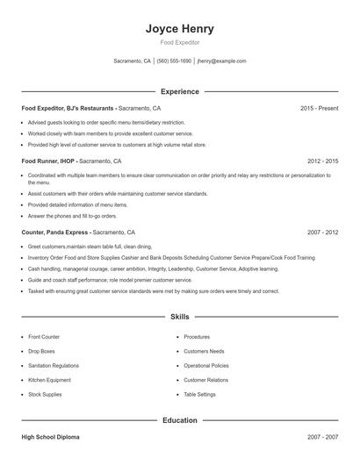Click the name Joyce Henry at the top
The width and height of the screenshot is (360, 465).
point(179,28)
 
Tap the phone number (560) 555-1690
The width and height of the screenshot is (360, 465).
point(174,61)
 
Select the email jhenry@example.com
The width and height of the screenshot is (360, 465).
point(221,61)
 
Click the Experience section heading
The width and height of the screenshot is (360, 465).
point(179,91)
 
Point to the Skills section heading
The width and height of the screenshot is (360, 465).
point(179,316)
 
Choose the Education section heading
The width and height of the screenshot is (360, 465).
point(179,420)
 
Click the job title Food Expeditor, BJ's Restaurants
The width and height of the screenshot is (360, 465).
point(68,108)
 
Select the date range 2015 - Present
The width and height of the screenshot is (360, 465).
point(319,108)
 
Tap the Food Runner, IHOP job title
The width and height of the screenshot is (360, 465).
point(49,161)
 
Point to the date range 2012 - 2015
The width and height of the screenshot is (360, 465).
point(322,161)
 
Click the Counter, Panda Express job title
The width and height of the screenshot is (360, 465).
point(54,232)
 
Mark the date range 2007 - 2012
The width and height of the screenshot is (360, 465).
point(322,232)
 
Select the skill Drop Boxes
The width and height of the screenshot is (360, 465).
point(42,351)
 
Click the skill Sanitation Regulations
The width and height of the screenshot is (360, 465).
point(54,366)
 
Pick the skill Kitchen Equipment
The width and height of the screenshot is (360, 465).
point(48,380)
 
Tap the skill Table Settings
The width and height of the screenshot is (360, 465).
point(200,395)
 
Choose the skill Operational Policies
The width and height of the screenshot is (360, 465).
point(206,366)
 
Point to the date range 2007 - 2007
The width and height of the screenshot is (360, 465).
point(322,436)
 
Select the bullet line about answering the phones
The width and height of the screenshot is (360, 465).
point(72,215)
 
